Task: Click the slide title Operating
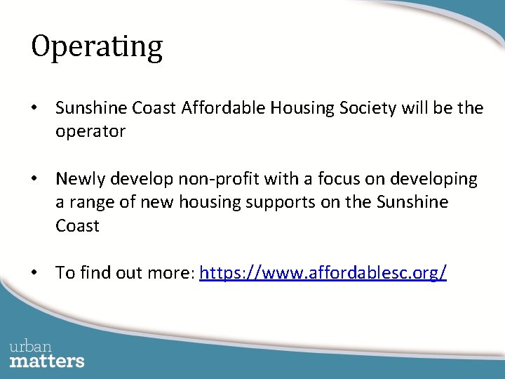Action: [97, 48]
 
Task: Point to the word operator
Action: [90, 132]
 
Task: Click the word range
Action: [90, 203]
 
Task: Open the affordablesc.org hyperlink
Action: [323, 273]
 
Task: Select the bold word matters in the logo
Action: [47, 361]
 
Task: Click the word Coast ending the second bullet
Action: [77, 226]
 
